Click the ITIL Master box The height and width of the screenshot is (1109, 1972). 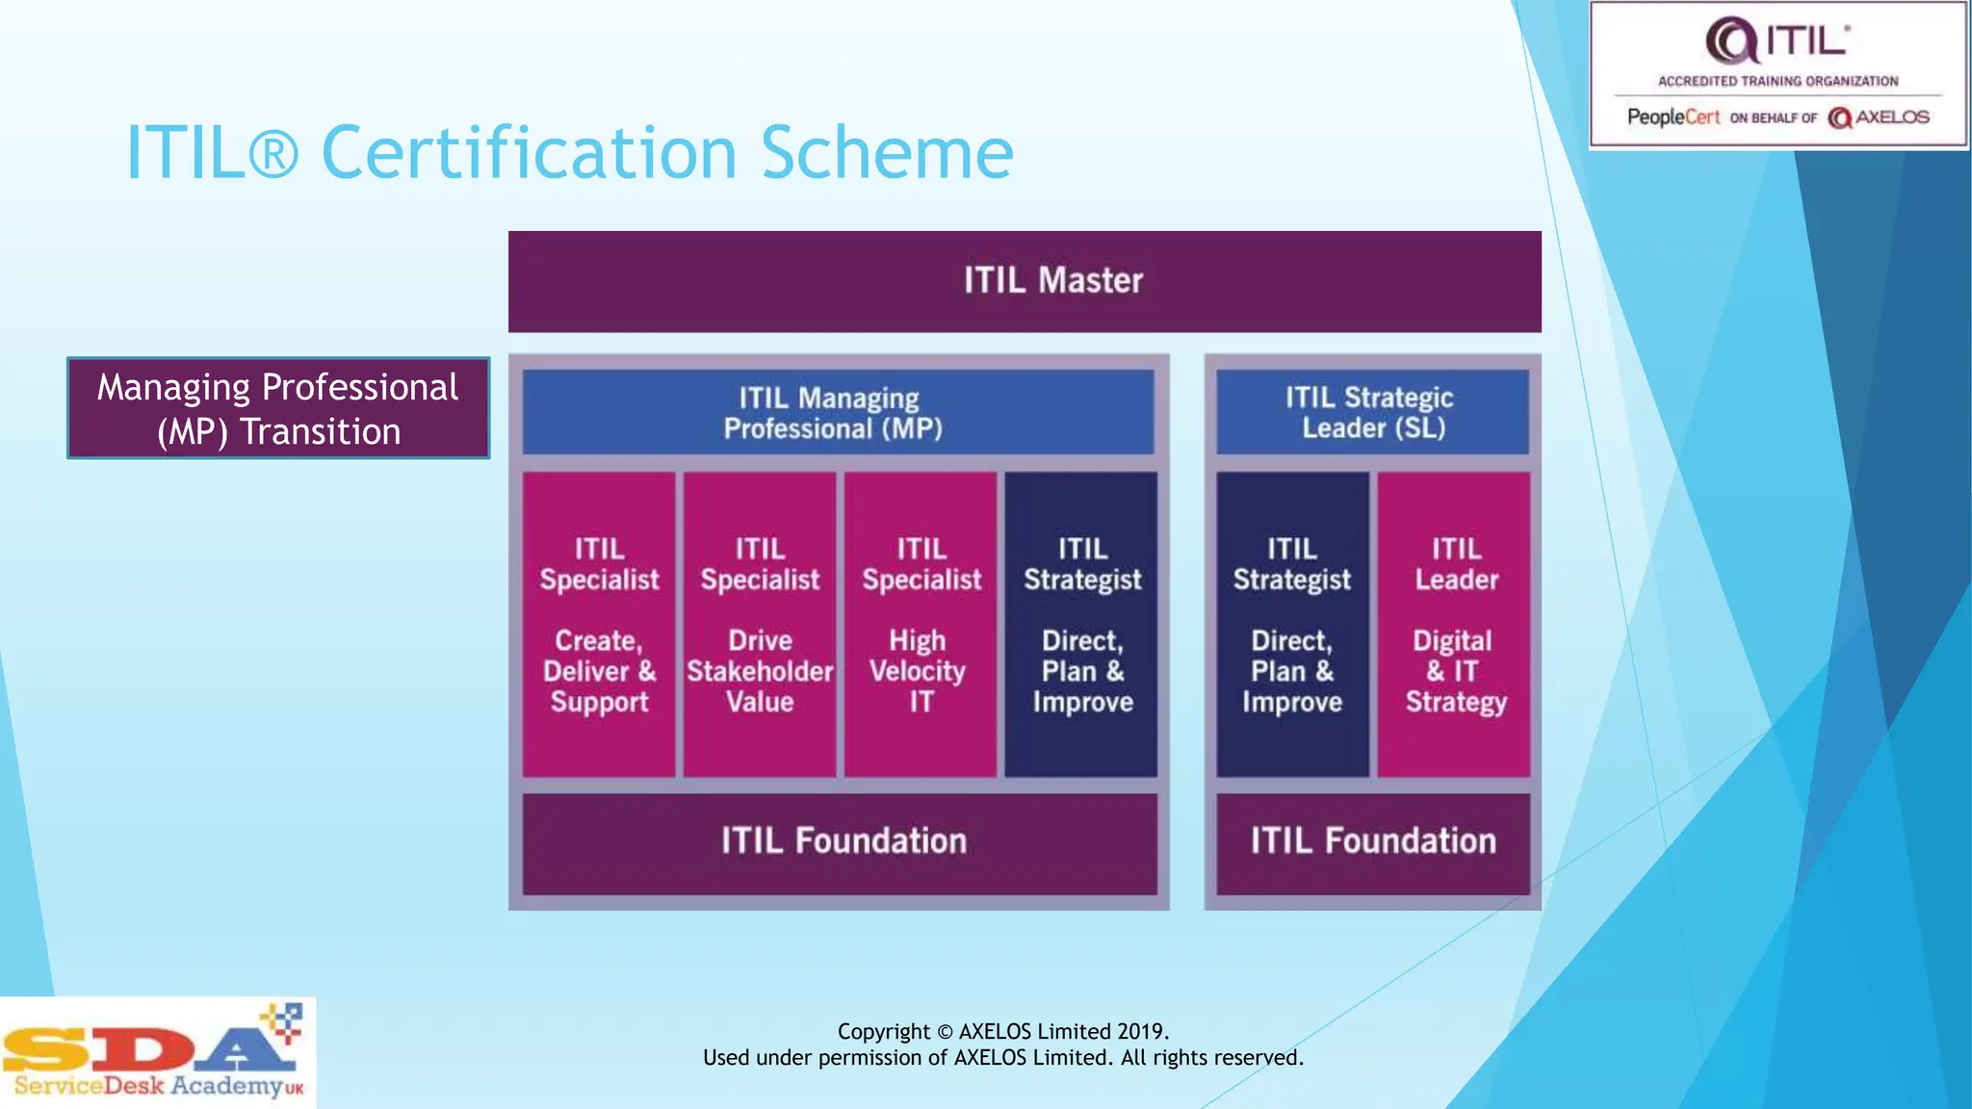coord(1025,281)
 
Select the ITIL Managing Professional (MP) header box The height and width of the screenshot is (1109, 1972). coord(838,412)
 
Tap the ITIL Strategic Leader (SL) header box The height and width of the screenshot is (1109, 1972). coord(1372,412)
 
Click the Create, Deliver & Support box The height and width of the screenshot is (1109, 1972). coord(599,624)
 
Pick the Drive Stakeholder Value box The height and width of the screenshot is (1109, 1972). coord(760,624)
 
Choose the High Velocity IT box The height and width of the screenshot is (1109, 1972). coord(921,624)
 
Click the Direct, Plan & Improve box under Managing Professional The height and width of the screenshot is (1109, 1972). coord(1081,624)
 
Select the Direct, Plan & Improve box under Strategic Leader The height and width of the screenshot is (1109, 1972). coord(1292,624)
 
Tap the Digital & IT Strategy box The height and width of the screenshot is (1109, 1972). coord(1454,624)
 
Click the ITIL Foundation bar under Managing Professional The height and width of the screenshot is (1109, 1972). coord(840,843)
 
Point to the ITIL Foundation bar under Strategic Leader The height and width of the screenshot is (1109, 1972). coord(1372,843)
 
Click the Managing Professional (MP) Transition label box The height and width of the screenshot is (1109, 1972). coord(278,408)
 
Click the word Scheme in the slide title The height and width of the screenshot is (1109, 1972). coord(887,152)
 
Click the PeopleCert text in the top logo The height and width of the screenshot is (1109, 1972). coord(1673,117)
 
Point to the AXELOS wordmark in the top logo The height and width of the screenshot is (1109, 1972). coord(1891,117)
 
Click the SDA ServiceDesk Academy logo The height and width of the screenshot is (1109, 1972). coord(157,1053)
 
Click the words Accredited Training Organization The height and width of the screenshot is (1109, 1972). coord(1777,82)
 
